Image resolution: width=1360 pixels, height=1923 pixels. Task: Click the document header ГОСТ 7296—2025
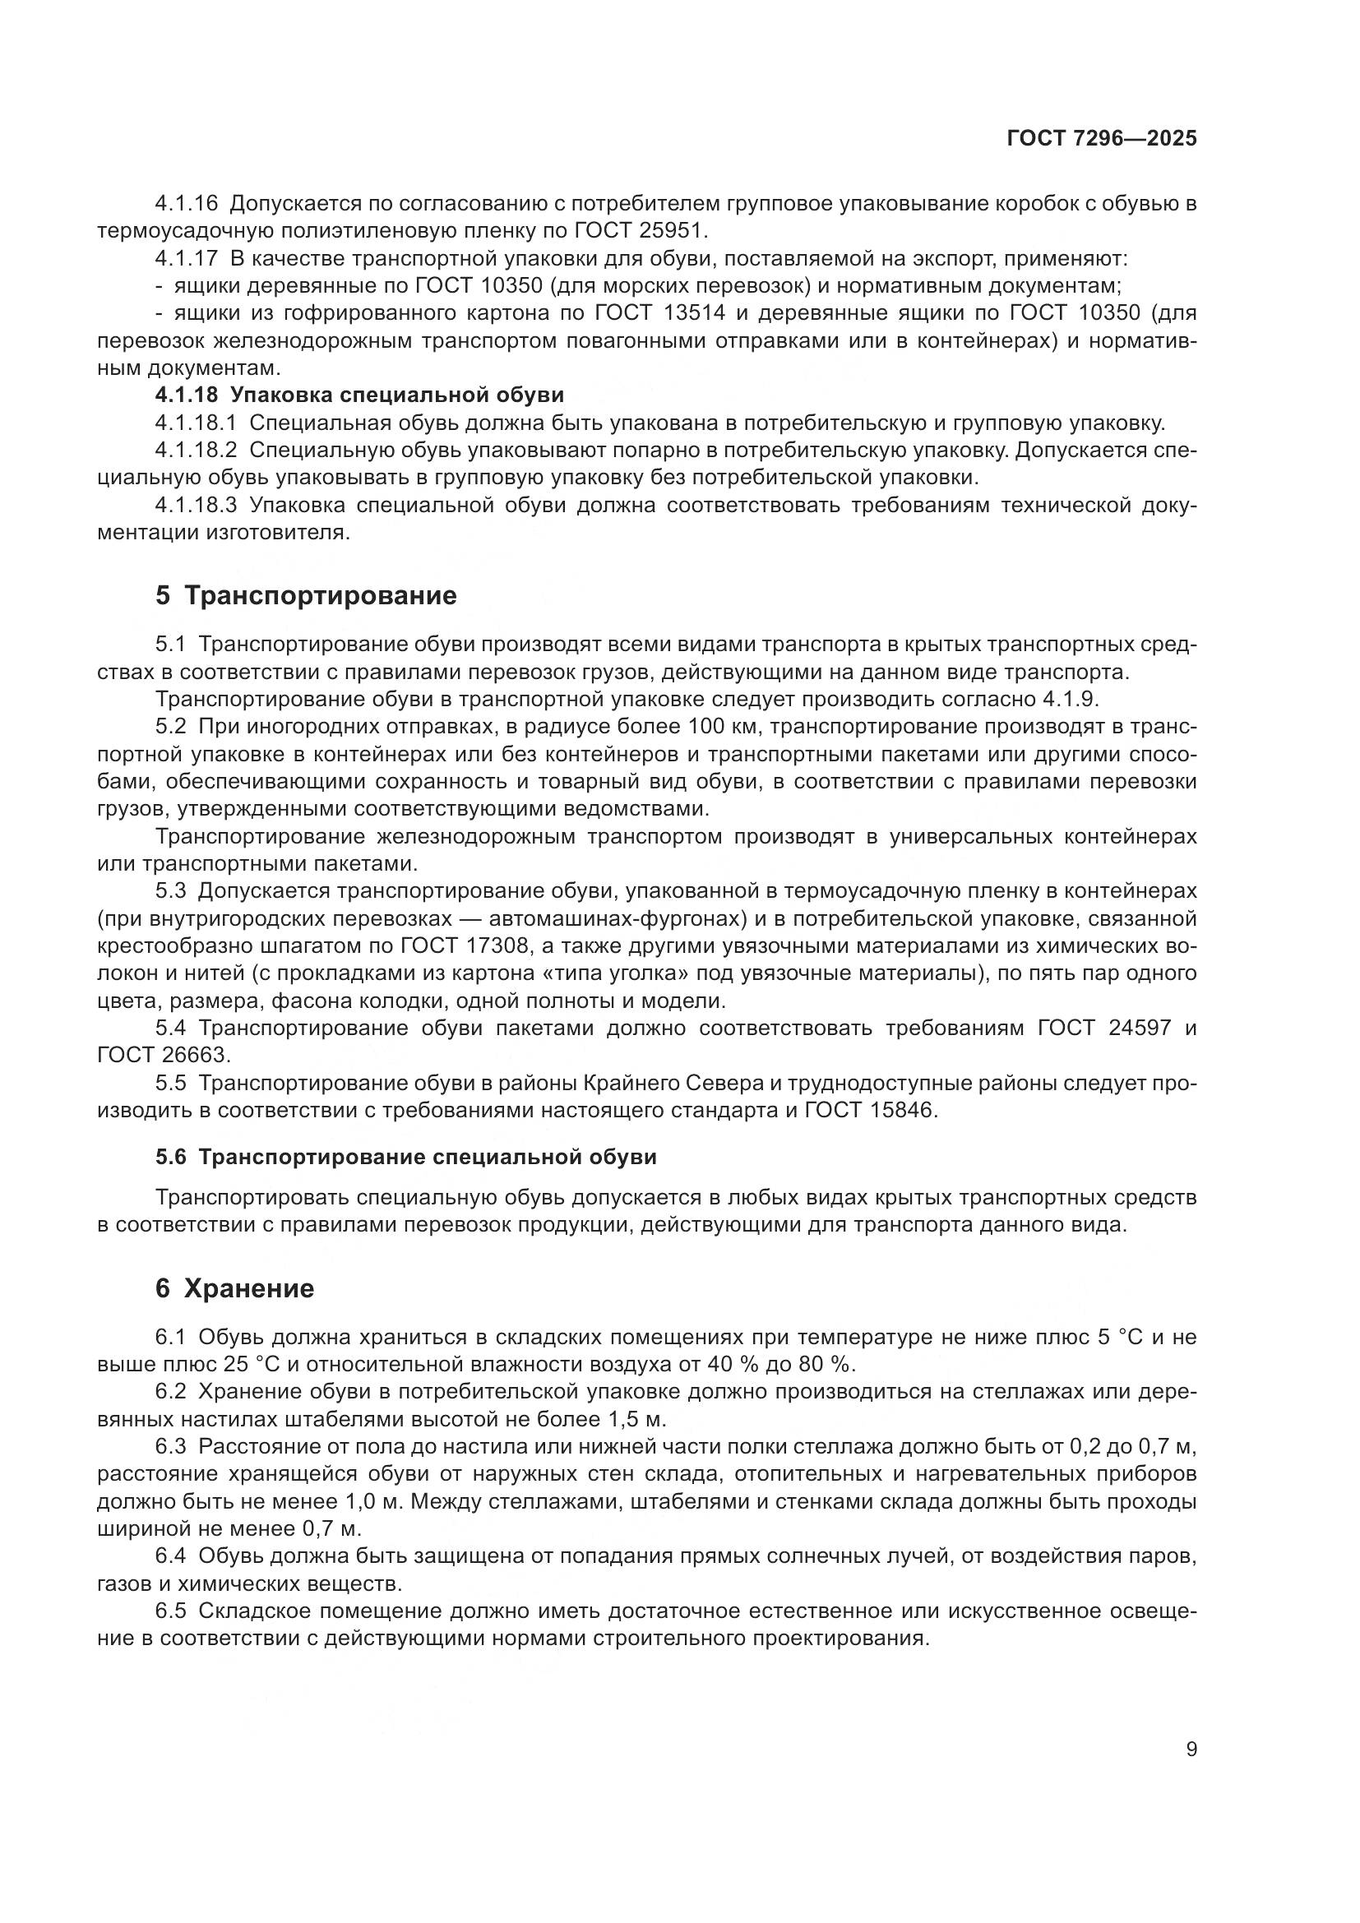[x=1101, y=139]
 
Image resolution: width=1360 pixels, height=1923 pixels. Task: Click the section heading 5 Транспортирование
[x=307, y=595]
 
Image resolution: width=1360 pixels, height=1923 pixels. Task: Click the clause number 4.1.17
[x=186, y=258]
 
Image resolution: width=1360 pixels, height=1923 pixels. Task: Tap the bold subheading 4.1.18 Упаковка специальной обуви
[x=359, y=395]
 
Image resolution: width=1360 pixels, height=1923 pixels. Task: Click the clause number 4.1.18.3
[x=196, y=506]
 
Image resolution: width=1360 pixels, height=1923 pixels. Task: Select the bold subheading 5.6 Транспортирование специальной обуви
[x=406, y=1158]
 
